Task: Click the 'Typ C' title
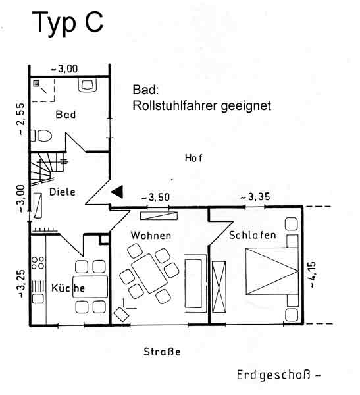tap(68, 23)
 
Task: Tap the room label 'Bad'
tap(66, 115)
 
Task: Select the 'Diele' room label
tap(63, 192)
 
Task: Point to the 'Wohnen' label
tap(151, 236)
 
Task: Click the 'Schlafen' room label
tap(253, 235)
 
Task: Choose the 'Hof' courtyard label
tap(193, 158)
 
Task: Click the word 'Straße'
tap(162, 352)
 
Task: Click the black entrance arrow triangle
tap(117, 192)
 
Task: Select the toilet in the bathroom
tap(41, 136)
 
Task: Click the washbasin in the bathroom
tap(88, 85)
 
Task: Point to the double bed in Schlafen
tap(272, 271)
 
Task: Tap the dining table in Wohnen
tap(149, 274)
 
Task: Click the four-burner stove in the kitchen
tap(38, 263)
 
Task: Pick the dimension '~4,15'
tap(312, 275)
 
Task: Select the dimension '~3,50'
tap(156, 197)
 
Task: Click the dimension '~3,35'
tap(255, 197)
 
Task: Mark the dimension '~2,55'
tap(22, 119)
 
